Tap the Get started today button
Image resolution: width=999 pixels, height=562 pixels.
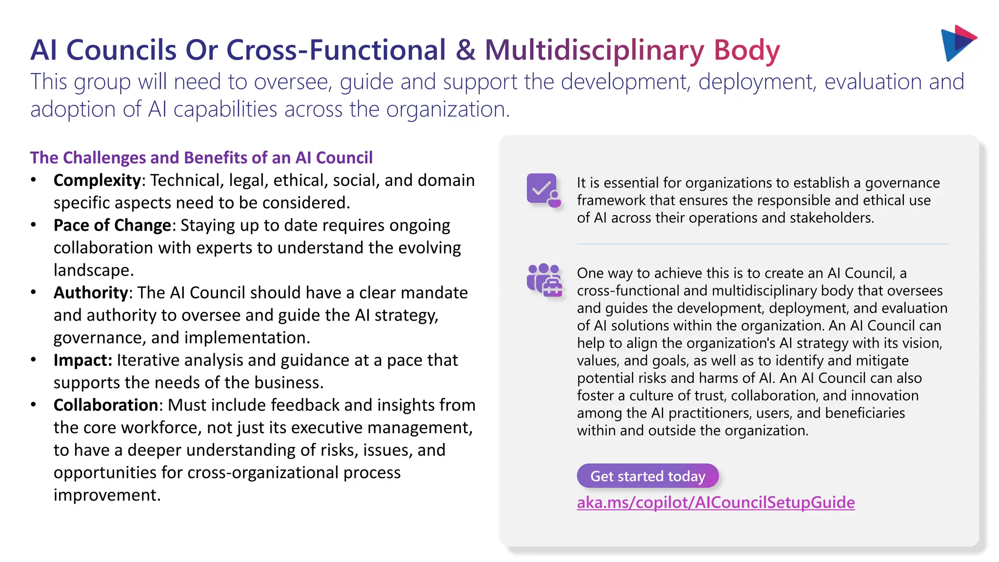click(x=647, y=476)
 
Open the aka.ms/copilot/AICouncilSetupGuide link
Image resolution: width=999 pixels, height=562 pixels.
click(x=716, y=502)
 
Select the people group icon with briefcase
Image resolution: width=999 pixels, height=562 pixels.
click(x=544, y=280)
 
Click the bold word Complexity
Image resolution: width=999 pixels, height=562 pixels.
click(x=97, y=181)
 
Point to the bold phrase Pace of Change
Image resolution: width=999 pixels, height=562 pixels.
click(x=112, y=225)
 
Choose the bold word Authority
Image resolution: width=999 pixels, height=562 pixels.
click(x=91, y=293)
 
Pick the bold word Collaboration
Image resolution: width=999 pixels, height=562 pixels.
click(x=105, y=405)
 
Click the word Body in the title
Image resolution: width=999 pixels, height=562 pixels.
click(x=747, y=50)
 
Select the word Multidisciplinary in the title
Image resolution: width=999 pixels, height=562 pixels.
click(x=594, y=50)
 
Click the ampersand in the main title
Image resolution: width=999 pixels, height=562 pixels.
click(x=465, y=50)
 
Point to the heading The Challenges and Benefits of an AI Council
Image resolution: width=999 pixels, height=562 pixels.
click(x=201, y=158)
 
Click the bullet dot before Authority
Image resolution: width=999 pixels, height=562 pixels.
click(x=33, y=293)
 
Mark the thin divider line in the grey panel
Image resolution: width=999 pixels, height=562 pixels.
click(x=762, y=244)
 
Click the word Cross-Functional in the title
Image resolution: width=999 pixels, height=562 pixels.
click(x=336, y=50)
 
